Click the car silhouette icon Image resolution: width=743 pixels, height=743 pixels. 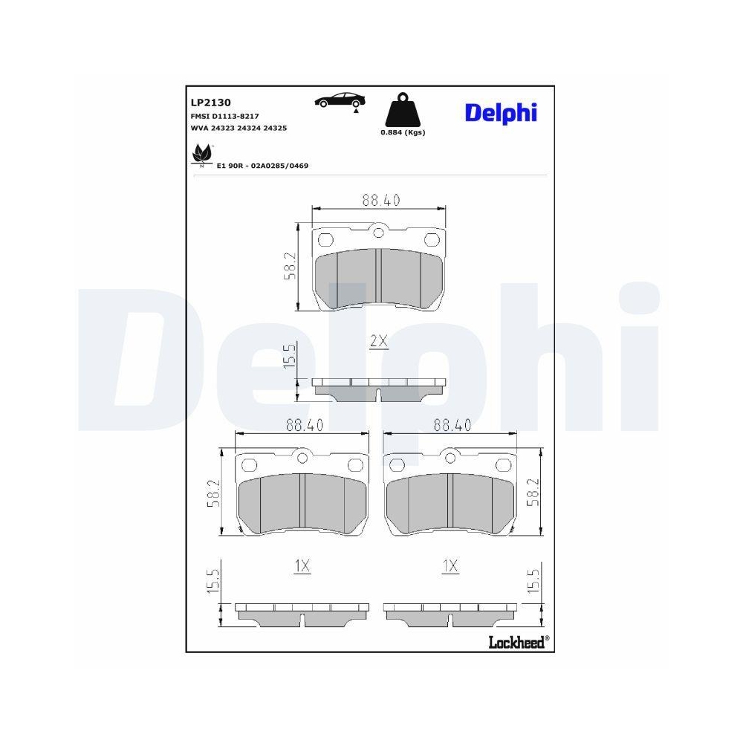(339, 101)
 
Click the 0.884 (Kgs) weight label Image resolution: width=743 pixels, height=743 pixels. (402, 132)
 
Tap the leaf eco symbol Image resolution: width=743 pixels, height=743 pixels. (201, 155)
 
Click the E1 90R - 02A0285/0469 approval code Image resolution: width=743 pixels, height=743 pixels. (262, 166)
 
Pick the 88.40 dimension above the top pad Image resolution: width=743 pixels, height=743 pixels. (381, 200)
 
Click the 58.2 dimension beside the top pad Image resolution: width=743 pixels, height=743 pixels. (291, 266)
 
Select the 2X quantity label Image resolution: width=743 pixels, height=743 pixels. (379, 341)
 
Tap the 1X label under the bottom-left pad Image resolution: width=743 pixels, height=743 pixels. (301, 566)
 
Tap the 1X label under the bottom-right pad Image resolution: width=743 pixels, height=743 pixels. (450, 566)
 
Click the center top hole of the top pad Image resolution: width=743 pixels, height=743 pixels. (379, 233)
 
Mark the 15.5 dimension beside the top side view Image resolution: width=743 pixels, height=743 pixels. (291, 357)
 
